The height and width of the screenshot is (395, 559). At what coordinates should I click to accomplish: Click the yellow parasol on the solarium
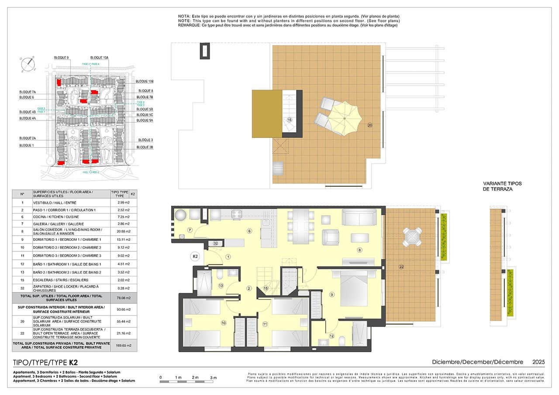(343, 117)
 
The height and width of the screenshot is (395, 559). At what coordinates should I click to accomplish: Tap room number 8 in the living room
(359, 250)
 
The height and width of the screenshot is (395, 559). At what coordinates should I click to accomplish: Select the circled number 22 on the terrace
(401, 267)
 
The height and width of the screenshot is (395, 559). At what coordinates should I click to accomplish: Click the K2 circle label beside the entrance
(195, 257)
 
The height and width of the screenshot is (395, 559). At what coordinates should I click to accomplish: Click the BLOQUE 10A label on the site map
(99, 58)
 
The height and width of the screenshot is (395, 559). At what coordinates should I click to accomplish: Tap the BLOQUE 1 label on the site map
(27, 145)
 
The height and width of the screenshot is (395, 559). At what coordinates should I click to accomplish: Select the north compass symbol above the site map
(28, 63)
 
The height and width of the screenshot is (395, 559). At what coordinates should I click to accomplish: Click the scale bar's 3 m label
(214, 377)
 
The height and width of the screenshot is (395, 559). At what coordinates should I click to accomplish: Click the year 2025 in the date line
(538, 362)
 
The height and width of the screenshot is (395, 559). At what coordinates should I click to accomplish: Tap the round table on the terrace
(412, 237)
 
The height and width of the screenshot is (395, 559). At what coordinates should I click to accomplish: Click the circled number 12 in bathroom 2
(331, 336)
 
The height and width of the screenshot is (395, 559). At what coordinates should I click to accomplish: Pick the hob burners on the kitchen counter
(237, 214)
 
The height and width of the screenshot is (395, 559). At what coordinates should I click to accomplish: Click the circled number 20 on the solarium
(369, 125)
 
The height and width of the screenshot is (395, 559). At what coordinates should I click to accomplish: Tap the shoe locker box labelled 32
(215, 243)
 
